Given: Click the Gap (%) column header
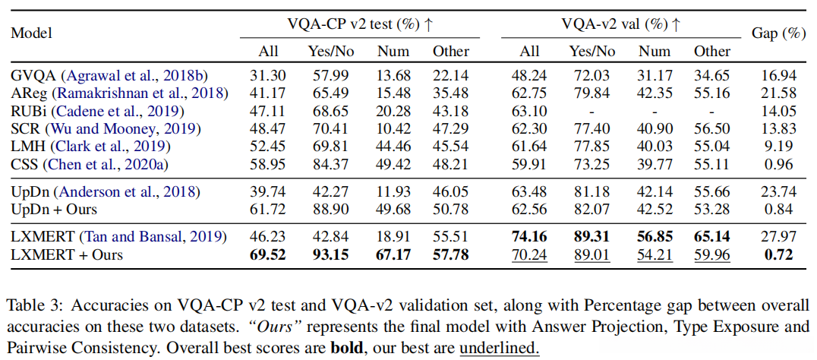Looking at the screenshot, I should point(778,33).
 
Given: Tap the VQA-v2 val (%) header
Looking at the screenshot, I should point(621,24).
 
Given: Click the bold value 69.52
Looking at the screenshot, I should point(267,254).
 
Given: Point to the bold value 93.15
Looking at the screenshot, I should point(331,254).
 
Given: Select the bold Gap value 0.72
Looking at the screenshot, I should point(778,254).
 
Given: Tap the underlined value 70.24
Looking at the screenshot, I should point(528,254).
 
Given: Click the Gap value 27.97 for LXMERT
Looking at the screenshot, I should point(778,236).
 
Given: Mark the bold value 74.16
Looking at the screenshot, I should point(528,236).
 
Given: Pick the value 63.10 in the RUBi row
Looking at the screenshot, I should point(528,110).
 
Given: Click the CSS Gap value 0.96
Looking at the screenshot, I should point(778,163).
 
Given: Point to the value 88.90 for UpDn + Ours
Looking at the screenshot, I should point(331,209).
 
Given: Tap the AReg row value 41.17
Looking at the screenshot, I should point(267,93).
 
